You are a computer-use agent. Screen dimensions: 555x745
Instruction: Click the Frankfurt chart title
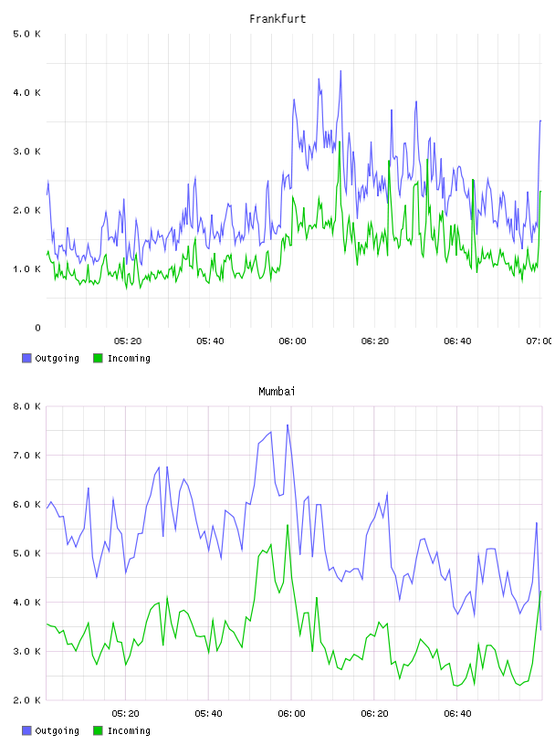pyautogui.click(x=277, y=19)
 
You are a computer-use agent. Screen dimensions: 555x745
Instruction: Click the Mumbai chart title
pyautogui.click(x=277, y=392)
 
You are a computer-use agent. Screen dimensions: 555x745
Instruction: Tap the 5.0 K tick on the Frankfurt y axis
pyautogui.click(x=27, y=34)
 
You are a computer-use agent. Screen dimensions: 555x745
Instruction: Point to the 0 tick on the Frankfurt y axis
pyautogui.click(x=37, y=328)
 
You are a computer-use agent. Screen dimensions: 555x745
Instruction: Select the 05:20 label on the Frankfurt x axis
pyautogui.click(x=128, y=341)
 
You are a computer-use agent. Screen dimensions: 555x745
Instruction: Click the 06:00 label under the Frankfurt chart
pyautogui.click(x=293, y=341)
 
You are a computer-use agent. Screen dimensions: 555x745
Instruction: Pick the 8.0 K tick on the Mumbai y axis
pyautogui.click(x=27, y=406)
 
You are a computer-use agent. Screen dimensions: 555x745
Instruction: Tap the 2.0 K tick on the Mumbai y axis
pyautogui.click(x=27, y=700)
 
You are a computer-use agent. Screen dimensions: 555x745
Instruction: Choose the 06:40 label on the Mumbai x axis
pyautogui.click(x=457, y=714)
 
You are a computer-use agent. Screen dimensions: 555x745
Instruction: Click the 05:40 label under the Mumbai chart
pyautogui.click(x=209, y=714)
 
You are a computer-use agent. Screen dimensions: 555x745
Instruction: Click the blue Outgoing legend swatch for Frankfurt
pyautogui.click(x=26, y=358)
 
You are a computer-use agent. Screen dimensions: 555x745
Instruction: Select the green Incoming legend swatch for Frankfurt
pyautogui.click(x=98, y=358)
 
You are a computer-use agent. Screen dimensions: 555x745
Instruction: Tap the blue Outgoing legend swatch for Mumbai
pyautogui.click(x=26, y=730)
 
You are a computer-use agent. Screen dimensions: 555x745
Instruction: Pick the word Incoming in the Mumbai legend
pyautogui.click(x=129, y=731)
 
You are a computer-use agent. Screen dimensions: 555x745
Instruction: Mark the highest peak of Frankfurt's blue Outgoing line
pyautogui.click(x=340, y=71)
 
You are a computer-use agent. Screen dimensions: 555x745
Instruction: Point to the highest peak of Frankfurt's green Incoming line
pyautogui.click(x=340, y=142)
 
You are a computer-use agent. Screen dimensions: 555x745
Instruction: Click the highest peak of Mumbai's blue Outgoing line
pyautogui.click(x=288, y=425)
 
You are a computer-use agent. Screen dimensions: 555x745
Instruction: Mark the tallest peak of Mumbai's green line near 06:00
pyautogui.click(x=288, y=525)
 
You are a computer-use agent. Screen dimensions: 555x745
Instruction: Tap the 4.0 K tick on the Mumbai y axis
pyautogui.click(x=27, y=603)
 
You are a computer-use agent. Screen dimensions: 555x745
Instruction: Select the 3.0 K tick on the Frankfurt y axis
pyautogui.click(x=27, y=152)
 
